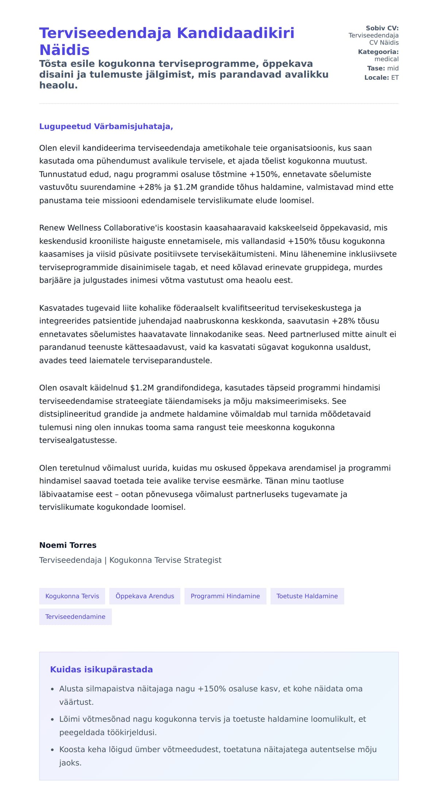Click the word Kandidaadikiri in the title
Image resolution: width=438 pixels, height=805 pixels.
click(x=235, y=33)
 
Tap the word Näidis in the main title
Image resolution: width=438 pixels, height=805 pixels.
click(x=64, y=50)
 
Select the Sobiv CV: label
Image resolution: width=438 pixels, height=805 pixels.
click(x=382, y=28)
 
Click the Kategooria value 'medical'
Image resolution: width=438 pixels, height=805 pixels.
click(x=386, y=59)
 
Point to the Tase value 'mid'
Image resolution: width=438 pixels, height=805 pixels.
click(x=393, y=68)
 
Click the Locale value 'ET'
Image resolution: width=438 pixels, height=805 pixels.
click(x=395, y=78)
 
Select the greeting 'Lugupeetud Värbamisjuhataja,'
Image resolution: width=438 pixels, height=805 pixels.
click(x=106, y=126)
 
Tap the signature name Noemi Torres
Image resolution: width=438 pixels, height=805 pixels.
click(x=68, y=545)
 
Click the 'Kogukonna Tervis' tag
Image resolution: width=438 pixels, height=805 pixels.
click(x=72, y=596)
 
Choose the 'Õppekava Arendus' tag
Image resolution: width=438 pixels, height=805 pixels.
click(x=145, y=596)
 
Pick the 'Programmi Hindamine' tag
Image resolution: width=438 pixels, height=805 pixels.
click(x=225, y=596)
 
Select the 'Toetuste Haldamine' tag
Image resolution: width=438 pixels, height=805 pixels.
click(x=307, y=596)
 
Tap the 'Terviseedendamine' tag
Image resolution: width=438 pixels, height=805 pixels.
click(x=75, y=617)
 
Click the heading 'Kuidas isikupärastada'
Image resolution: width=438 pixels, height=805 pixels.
click(x=101, y=669)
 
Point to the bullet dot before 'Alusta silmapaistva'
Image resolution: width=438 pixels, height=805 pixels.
click(x=53, y=689)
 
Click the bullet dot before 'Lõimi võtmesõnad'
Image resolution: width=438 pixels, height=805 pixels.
click(x=53, y=719)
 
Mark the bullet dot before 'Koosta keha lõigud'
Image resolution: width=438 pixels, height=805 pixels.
click(x=53, y=750)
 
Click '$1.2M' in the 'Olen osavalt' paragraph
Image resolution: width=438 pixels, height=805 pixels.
click(x=142, y=388)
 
